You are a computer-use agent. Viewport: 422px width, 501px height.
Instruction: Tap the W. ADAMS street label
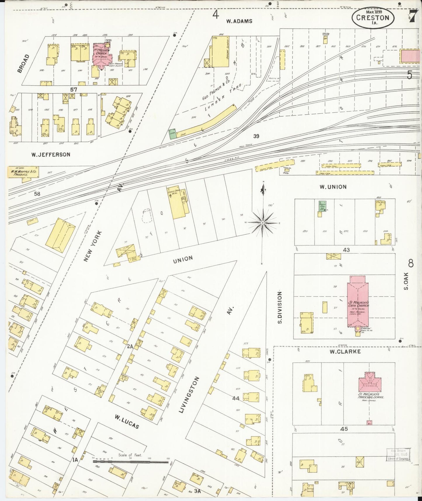[239, 21]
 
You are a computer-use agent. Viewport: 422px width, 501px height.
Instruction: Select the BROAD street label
[24, 63]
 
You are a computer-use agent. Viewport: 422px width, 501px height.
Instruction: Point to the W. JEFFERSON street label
[51, 154]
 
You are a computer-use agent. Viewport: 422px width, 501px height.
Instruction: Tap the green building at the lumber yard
[172, 133]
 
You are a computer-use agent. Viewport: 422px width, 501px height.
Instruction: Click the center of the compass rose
[263, 223]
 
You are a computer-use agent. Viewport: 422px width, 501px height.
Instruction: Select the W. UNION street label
[333, 187]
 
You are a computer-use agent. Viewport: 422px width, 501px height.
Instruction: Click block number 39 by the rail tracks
[256, 136]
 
